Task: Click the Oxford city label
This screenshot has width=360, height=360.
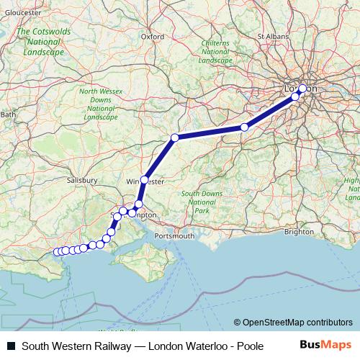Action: [152, 36]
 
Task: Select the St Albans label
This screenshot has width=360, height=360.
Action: [272, 35]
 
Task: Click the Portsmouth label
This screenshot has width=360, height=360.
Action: [175, 235]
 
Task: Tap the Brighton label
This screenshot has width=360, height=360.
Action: [299, 232]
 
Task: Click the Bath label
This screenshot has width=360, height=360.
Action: [8, 114]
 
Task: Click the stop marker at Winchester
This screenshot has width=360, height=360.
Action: [145, 179]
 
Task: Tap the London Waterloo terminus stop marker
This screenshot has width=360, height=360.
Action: [302, 89]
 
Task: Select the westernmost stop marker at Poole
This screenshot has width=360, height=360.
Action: [57, 252]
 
